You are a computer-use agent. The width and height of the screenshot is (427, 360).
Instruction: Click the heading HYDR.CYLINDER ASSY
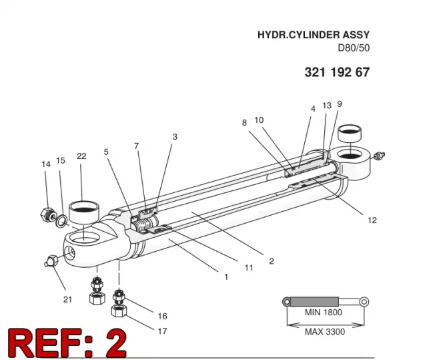(x=314, y=35)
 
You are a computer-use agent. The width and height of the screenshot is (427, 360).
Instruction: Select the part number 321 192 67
(x=337, y=72)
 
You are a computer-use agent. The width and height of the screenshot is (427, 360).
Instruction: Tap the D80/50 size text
(x=354, y=48)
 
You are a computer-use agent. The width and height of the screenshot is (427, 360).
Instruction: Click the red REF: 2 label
(x=67, y=343)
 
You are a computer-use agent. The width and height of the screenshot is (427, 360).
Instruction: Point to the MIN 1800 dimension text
(x=323, y=312)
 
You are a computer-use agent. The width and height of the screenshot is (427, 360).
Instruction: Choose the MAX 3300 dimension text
(x=325, y=332)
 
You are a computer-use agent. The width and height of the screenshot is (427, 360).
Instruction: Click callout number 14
(x=46, y=164)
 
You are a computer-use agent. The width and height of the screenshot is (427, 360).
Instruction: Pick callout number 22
(x=81, y=156)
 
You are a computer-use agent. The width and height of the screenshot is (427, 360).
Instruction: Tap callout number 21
(x=67, y=299)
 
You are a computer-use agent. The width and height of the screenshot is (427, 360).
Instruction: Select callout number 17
(x=162, y=331)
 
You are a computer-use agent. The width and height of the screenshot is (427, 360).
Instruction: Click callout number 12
(x=372, y=220)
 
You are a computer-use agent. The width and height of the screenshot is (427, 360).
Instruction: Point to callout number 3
(x=175, y=136)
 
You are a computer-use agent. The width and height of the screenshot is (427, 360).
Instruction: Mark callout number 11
(x=249, y=268)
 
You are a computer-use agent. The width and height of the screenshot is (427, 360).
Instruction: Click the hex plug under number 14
(x=47, y=214)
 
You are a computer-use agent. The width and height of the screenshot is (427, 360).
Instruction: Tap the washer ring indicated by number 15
(x=62, y=220)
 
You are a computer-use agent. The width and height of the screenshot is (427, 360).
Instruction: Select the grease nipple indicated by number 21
(x=51, y=261)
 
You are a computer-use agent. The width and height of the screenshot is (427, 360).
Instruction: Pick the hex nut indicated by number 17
(x=119, y=311)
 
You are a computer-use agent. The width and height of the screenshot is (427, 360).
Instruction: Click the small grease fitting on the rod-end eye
(x=379, y=156)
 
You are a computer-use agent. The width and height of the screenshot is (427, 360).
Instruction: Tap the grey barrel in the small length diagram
(x=314, y=302)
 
